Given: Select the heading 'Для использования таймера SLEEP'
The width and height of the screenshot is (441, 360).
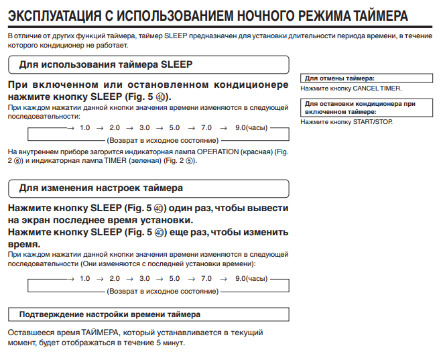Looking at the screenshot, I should (106, 65).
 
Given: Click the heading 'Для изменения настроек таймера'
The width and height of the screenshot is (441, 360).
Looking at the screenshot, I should (101, 188).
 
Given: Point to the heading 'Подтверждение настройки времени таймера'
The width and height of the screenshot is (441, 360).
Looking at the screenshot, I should (109, 314).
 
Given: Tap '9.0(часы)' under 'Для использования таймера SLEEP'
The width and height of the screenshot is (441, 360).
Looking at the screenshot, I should (252, 127).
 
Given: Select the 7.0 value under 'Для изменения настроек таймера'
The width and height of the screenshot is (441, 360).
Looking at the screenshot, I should (206, 278).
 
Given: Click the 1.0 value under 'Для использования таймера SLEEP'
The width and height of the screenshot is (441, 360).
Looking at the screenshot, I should (84, 127).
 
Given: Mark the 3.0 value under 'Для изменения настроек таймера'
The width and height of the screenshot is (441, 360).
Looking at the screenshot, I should (145, 278).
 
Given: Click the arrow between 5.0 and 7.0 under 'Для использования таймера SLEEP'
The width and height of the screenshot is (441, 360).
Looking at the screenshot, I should (190, 127).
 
